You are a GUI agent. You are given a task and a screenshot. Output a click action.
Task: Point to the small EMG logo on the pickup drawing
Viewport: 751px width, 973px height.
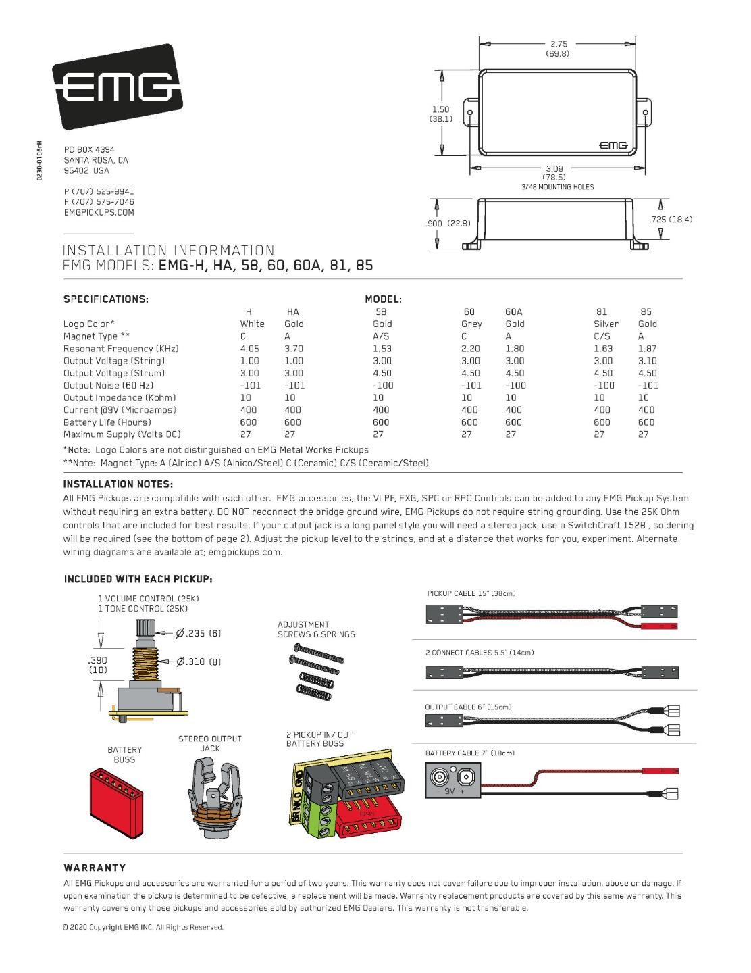tap(613, 145)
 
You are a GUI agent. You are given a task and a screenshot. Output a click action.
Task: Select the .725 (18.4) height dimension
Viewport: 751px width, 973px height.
tap(669, 219)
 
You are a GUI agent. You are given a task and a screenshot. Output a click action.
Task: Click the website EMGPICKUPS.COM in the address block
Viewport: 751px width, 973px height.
tap(99, 212)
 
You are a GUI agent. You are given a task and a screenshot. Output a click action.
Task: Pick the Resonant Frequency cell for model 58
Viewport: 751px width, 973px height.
tap(382, 349)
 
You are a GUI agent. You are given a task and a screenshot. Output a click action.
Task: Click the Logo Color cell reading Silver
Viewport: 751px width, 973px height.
tap(606, 324)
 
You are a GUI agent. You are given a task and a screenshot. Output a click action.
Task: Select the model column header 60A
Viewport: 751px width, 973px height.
tap(514, 311)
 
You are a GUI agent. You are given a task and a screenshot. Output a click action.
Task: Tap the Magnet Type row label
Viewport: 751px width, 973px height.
tap(97, 336)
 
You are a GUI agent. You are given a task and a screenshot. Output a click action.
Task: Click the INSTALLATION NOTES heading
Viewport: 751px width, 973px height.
tap(118, 484)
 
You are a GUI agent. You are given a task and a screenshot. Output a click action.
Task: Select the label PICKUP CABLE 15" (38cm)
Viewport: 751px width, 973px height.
tap(471, 593)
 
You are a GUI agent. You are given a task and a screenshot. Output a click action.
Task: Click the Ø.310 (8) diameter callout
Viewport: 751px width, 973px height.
tap(199, 662)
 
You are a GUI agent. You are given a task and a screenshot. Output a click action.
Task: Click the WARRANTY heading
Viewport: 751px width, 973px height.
tap(95, 868)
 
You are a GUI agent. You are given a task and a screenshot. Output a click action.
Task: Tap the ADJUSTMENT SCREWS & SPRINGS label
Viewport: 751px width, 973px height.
tap(315, 629)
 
